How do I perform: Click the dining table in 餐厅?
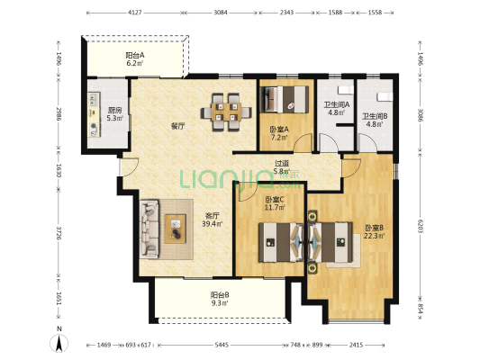tap(226, 112)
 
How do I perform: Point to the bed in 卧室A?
tap(284, 99)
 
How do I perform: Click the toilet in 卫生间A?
tap(345, 90)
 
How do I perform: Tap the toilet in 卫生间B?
tap(385, 96)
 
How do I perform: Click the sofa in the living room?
tap(149, 229)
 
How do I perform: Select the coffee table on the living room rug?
tap(176, 229)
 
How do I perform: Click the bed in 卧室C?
tap(281, 242)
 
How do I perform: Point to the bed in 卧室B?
tap(331, 242)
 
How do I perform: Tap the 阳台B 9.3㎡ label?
tap(220, 299)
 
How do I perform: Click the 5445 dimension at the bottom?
tap(222, 345)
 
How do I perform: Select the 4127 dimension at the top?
tap(135, 13)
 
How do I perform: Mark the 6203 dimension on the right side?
tap(421, 227)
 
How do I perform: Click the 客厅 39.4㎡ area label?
tap(213, 220)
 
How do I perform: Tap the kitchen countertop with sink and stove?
tap(94, 114)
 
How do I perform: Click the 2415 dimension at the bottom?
tap(356, 345)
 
